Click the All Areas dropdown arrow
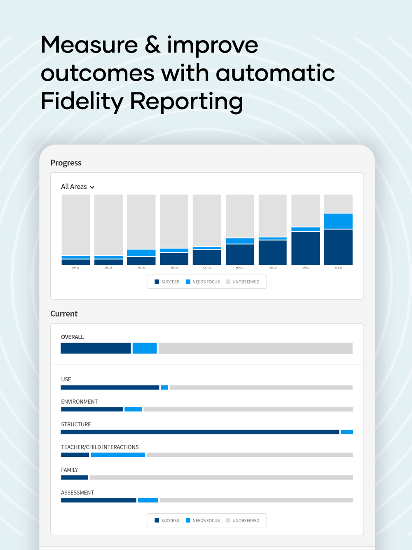pyautogui.click(x=92, y=187)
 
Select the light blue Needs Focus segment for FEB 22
pyautogui.click(x=338, y=221)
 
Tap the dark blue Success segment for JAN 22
pyautogui.click(x=305, y=248)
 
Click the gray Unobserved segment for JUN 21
pyautogui.click(x=76, y=225)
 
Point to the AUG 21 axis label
pyautogui.click(x=141, y=268)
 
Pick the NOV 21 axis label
pyautogui.click(x=240, y=268)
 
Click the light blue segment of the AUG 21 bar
pyautogui.click(x=141, y=252)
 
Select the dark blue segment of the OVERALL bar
pyautogui.click(x=96, y=348)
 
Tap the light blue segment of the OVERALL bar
pyautogui.click(x=145, y=348)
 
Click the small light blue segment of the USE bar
pyautogui.click(x=164, y=388)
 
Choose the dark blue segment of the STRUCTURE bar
pyautogui.click(x=200, y=432)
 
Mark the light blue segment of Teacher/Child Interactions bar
pyautogui.click(x=118, y=455)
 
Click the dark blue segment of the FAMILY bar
pyautogui.click(x=75, y=477)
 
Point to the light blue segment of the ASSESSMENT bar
pyautogui.click(x=148, y=500)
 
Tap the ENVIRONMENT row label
pyautogui.click(x=80, y=402)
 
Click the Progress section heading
pyautogui.click(x=66, y=162)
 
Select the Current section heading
pyautogui.click(x=64, y=313)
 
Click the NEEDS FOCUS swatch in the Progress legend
pyautogui.click(x=188, y=282)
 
